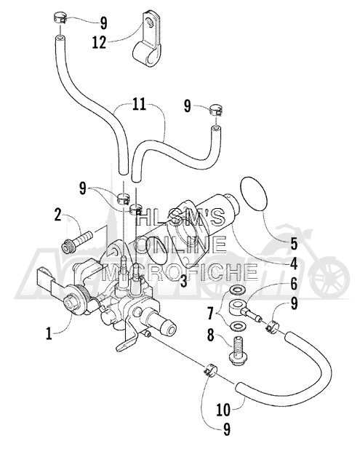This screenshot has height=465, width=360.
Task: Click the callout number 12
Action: pyautogui.click(x=99, y=42)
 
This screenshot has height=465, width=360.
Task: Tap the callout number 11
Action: pyautogui.click(x=139, y=105)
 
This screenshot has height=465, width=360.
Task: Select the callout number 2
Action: pyautogui.click(x=57, y=215)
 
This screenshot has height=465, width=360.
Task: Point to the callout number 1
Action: pyautogui.click(x=49, y=333)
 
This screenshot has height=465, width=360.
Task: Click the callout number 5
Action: pyautogui.click(x=294, y=244)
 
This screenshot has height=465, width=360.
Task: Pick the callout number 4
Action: pyautogui.click(x=293, y=263)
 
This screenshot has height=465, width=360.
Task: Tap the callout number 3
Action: pyautogui.click(x=184, y=281)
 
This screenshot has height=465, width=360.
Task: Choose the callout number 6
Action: pyautogui.click(x=294, y=285)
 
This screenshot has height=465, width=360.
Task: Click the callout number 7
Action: pyautogui.click(x=211, y=314)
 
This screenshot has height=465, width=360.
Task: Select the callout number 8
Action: pyautogui.click(x=211, y=336)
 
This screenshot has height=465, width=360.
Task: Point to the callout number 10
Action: pyautogui.click(x=223, y=410)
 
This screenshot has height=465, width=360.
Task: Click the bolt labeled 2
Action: pyautogui.click(x=77, y=242)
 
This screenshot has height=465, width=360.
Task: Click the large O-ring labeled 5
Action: pyautogui.click(x=254, y=194)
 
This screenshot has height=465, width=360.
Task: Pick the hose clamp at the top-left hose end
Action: pyautogui.click(x=60, y=19)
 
